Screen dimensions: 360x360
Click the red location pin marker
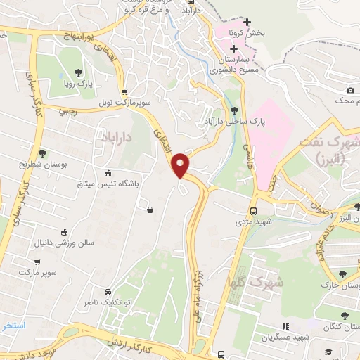point(181,165)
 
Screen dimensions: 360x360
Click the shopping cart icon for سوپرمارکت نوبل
point(124,92)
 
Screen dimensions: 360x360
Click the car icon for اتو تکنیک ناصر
point(107,292)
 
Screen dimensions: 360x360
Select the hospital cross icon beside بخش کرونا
point(247,22)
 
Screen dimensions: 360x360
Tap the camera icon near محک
point(350,90)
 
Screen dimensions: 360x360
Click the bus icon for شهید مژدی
point(254,210)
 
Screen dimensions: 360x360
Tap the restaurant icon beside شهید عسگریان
point(285,327)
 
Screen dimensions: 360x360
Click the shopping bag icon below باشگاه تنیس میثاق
point(150,209)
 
